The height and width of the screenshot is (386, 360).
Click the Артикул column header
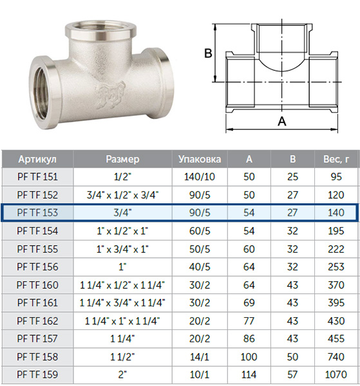[x=37, y=160]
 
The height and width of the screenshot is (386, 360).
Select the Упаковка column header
[x=200, y=160]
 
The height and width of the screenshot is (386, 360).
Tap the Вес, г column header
[x=336, y=160]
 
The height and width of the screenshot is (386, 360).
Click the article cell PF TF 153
[x=37, y=213]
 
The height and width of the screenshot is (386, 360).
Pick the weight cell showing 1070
[x=336, y=374]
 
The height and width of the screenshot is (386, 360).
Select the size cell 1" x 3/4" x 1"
[x=122, y=249]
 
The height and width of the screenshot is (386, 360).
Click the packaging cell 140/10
[x=200, y=177]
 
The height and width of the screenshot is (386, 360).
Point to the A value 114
[x=249, y=374]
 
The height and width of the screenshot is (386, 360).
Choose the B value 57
[x=292, y=374]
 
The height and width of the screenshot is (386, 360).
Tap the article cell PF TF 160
[x=37, y=285]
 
